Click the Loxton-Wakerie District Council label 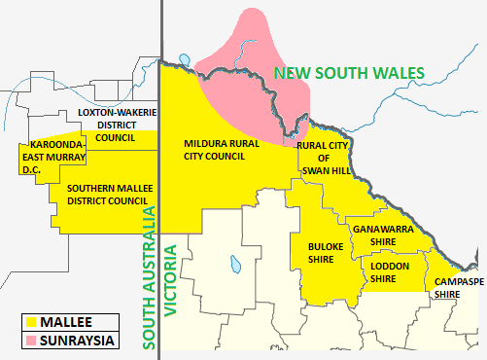coord(117,125)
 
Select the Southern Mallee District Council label coord(107,195)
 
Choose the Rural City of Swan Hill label coord(323,159)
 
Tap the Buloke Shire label coord(321,253)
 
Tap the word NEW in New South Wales coord(290,73)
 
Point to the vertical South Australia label coord(150,277)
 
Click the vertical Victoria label coord(171,282)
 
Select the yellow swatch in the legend coord(31,321)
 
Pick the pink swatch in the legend coord(31,341)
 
